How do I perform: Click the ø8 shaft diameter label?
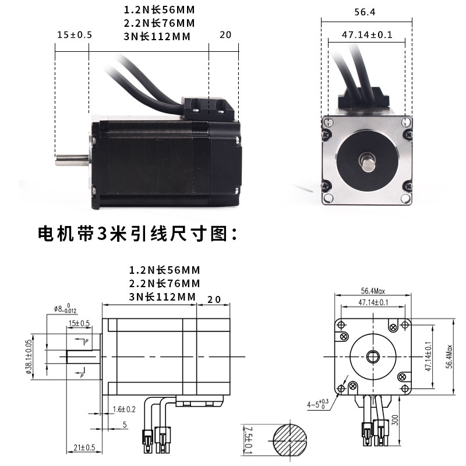coord(64,309)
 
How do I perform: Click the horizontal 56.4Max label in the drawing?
coord(373,291)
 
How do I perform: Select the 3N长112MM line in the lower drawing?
coord(162,297)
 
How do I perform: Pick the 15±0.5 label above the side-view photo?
coord(75,35)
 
